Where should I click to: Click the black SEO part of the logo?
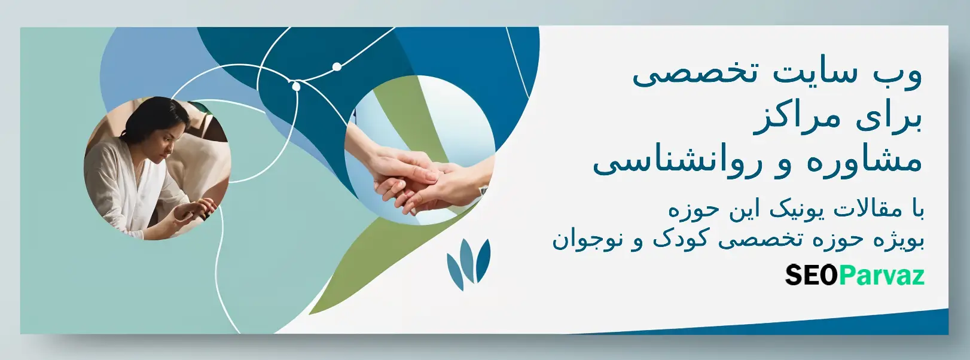tap(811, 274)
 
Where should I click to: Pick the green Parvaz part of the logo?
tap(881, 276)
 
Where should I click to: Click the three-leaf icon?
tap(468, 264)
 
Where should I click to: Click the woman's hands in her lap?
tap(196, 209)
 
